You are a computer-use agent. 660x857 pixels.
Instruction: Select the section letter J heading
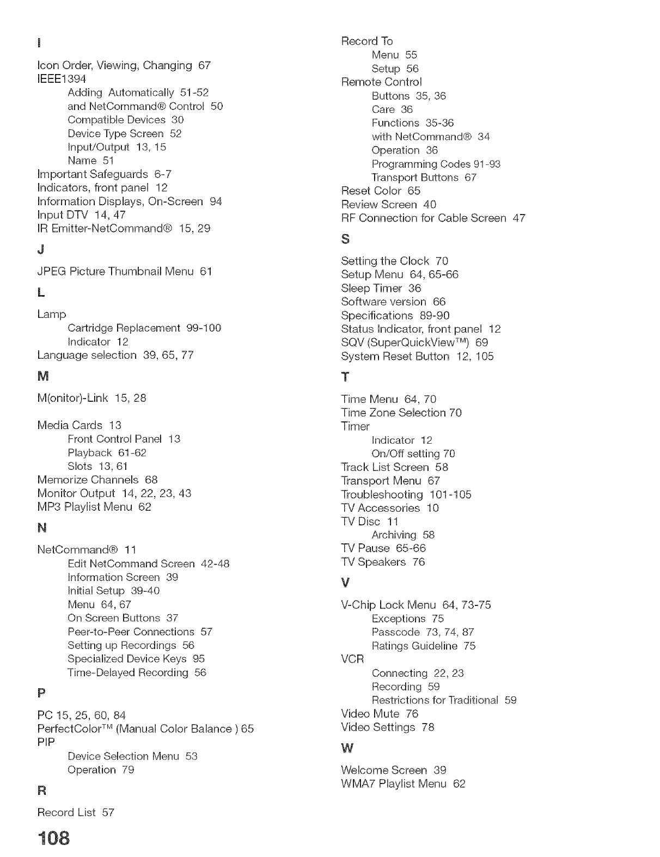[x=41, y=250]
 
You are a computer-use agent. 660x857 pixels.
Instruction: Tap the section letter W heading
[x=347, y=749]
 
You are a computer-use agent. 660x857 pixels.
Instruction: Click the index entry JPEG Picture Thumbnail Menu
[x=124, y=271]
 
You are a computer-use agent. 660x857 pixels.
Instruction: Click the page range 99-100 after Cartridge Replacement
[x=204, y=328]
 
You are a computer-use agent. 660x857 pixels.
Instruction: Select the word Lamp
[x=52, y=314]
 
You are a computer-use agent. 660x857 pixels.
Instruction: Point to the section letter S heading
[x=345, y=239]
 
